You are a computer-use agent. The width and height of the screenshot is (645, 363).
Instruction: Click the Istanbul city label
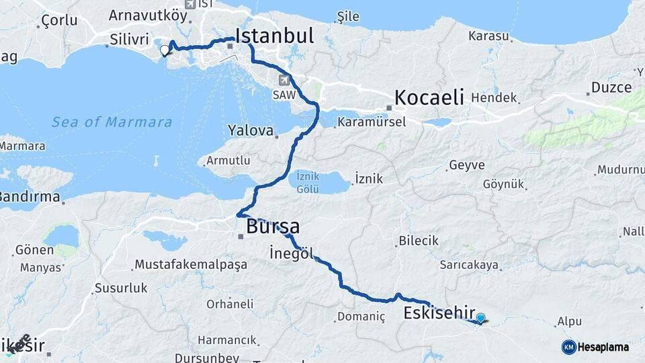click(274, 36)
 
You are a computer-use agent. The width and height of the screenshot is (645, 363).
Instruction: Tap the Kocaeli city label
click(429, 97)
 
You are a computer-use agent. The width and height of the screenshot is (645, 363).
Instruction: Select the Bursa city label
click(273, 227)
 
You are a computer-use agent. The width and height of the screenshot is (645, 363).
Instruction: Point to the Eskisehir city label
click(437, 313)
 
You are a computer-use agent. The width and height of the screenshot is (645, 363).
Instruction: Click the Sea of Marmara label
click(112, 122)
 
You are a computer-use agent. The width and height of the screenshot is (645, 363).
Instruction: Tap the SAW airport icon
click(284, 81)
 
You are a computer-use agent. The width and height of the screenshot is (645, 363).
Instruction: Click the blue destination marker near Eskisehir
click(480, 318)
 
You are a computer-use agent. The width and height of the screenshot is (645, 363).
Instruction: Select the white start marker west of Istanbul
click(165, 50)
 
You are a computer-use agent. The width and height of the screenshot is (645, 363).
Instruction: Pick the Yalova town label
click(251, 130)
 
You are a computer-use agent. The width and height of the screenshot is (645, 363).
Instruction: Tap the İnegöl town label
click(291, 254)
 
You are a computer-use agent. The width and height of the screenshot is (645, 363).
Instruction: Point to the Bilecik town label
click(418, 241)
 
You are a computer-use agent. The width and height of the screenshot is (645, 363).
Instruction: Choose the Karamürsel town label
click(371, 122)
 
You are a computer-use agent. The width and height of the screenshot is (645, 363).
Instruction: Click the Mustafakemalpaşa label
click(191, 264)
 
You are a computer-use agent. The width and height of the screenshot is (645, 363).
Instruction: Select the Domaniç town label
click(361, 316)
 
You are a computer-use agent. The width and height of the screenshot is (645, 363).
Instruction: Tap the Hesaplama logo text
click(603, 348)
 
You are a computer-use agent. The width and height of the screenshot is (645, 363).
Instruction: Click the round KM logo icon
click(568, 347)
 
